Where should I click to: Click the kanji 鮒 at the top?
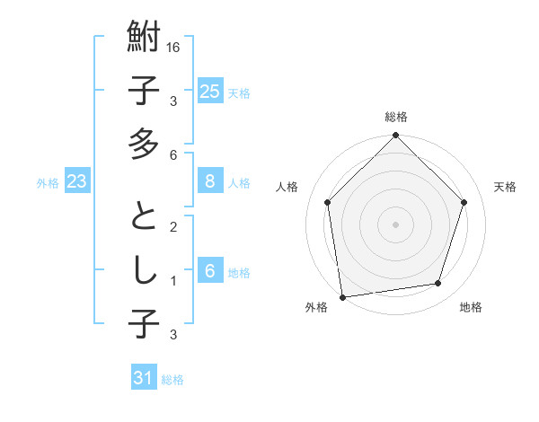(144, 39)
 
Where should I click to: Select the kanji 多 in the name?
(144, 143)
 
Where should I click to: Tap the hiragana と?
(144, 215)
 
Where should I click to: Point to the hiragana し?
(144, 268)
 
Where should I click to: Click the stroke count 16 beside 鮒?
(174, 47)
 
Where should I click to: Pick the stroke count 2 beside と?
(172, 226)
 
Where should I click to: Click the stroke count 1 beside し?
(172, 281)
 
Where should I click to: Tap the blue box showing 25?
(209, 91)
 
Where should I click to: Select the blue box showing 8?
(209, 181)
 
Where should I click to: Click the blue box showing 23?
(77, 181)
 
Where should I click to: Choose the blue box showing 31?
(144, 378)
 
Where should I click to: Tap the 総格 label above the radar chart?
(396, 117)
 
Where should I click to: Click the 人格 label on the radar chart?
(288, 187)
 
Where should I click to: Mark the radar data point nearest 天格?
(464, 202)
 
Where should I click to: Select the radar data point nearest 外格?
(342, 296)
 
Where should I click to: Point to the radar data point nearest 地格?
(438, 284)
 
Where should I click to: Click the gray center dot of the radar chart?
(396, 223)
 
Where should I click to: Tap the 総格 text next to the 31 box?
(172, 380)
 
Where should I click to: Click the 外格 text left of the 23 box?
(48, 183)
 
